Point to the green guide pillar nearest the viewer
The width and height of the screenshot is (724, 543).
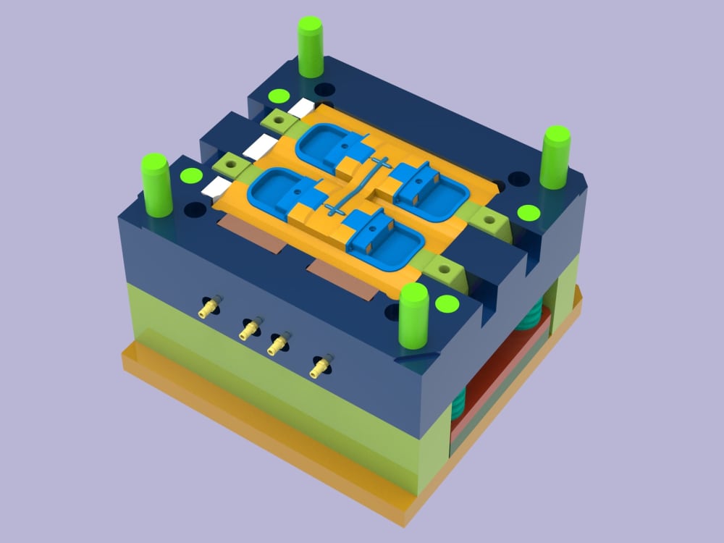(414, 316)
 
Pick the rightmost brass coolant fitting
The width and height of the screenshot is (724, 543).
(319, 367)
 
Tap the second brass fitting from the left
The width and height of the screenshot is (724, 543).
(251, 329)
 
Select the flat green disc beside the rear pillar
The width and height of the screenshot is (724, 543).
(277, 96)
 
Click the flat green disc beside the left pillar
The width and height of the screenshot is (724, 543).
(191, 175)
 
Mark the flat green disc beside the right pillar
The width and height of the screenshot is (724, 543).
(529, 213)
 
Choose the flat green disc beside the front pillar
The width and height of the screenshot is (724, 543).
(447, 303)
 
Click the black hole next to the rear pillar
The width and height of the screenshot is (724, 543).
(324, 90)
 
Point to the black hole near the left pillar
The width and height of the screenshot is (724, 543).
(195, 211)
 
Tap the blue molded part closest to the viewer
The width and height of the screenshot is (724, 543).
(382, 238)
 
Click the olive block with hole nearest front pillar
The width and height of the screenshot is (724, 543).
(443, 269)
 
